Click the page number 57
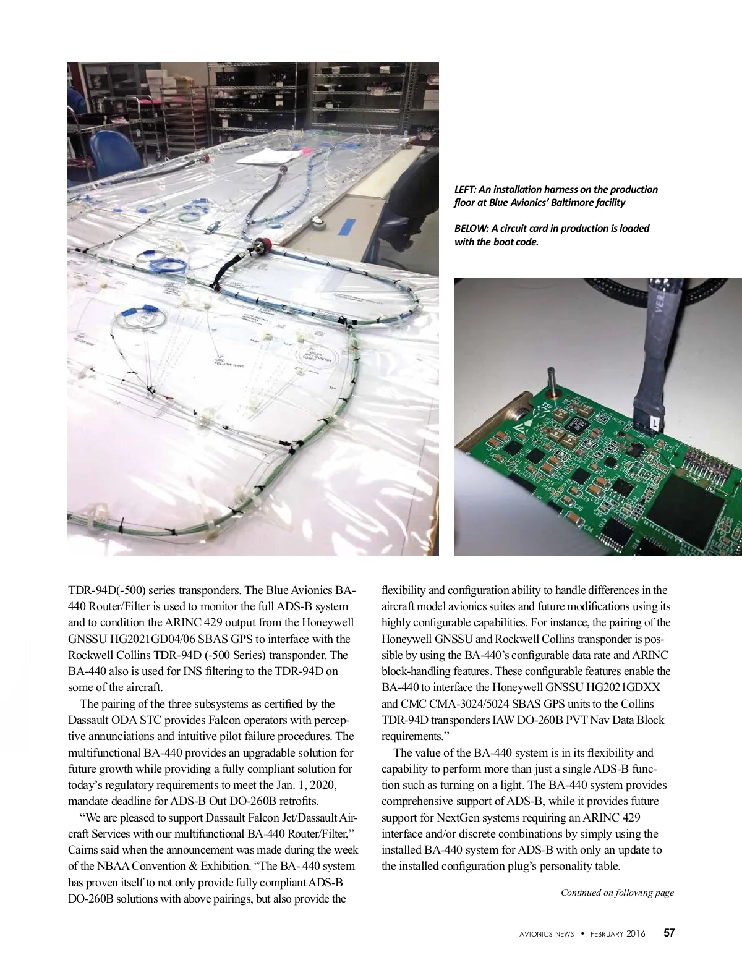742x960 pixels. pyautogui.click(x=669, y=933)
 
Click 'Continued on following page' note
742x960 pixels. pyautogui.click(x=616, y=893)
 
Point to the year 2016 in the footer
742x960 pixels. pyautogui.click(x=636, y=933)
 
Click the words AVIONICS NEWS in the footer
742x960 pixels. pyautogui.click(x=547, y=933)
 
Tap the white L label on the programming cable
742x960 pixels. pyautogui.click(x=654, y=423)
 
